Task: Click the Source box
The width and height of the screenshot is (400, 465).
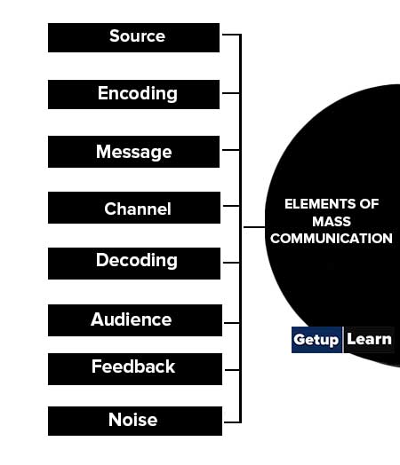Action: point(133,37)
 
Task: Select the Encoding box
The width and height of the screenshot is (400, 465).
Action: point(133,94)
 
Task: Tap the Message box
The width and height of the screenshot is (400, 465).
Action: point(133,152)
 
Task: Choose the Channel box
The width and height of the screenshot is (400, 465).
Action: point(134,208)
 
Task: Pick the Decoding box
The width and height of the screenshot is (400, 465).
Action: point(134,264)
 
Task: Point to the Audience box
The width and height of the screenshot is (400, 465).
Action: point(135,320)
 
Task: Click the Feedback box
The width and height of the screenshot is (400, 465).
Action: point(135,369)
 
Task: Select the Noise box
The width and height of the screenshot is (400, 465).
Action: point(135,422)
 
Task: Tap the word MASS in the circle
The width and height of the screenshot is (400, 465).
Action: point(332,222)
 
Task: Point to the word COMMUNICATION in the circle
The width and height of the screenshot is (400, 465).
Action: point(332,239)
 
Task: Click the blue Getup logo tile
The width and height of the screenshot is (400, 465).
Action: point(316,340)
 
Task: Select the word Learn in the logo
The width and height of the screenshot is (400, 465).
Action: point(369,339)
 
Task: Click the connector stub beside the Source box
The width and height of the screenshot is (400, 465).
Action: point(231,35)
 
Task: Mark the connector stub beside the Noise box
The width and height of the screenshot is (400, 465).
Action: point(232,422)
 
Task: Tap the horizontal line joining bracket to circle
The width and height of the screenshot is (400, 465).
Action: point(254,227)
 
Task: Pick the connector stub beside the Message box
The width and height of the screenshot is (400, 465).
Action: point(231,150)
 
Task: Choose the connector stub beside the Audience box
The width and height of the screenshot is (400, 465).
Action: point(232,323)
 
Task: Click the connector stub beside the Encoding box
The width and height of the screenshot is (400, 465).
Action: point(231,93)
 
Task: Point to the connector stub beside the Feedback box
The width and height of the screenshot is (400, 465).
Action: point(232,370)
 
